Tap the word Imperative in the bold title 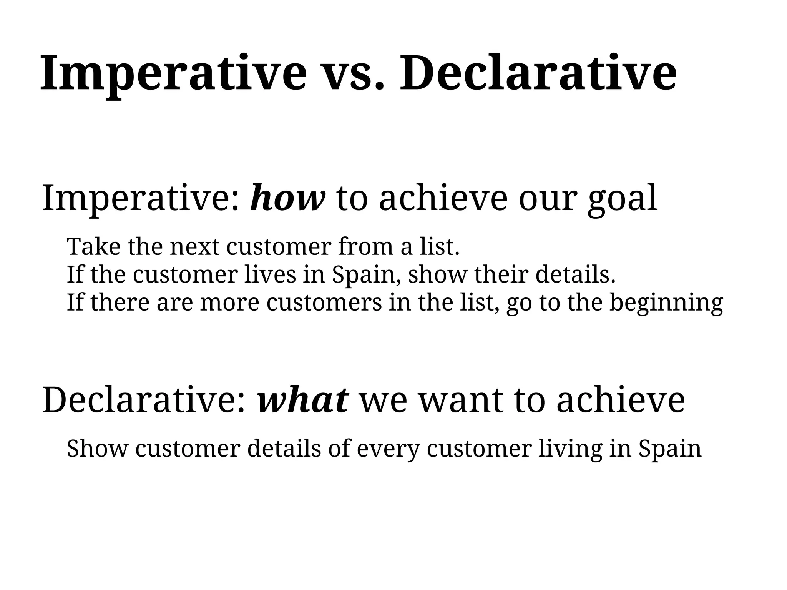coord(173,75)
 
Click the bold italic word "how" coord(287,199)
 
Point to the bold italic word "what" coord(303,401)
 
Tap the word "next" coord(194,247)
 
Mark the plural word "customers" coord(324,302)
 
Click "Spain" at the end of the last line coord(670,449)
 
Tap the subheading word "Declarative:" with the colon coord(144,401)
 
